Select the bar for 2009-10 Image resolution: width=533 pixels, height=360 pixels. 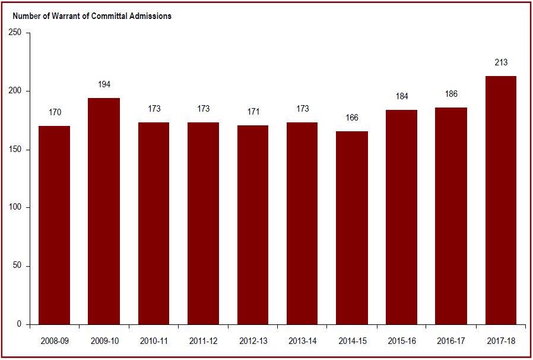pyautogui.click(x=104, y=211)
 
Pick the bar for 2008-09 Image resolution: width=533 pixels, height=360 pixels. pyautogui.click(x=55, y=225)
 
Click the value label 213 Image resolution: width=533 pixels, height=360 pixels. pyautogui.click(x=500, y=62)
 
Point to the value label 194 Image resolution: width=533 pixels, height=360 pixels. pyautogui.click(x=104, y=85)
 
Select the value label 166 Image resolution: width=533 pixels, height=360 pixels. pyautogui.click(x=352, y=118)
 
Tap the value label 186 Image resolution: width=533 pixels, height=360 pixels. pyautogui.click(x=451, y=94)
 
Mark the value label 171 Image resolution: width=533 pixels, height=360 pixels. pyautogui.click(x=252, y=112)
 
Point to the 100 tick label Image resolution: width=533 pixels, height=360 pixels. pyautogui.click(x=15, y=207)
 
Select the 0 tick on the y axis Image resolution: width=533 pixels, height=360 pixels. pyautogui.click(x=20, y=324)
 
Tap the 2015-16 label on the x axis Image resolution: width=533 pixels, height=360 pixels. pyautogui.click(x=402, y=342)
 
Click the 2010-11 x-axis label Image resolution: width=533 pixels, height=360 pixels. pyautogui.click(x=154, y=342)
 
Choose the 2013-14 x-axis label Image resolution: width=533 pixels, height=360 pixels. pyautogui.click(x=302, y=342)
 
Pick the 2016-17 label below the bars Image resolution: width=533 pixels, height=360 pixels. pyautogui.click(x=451, y=342)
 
